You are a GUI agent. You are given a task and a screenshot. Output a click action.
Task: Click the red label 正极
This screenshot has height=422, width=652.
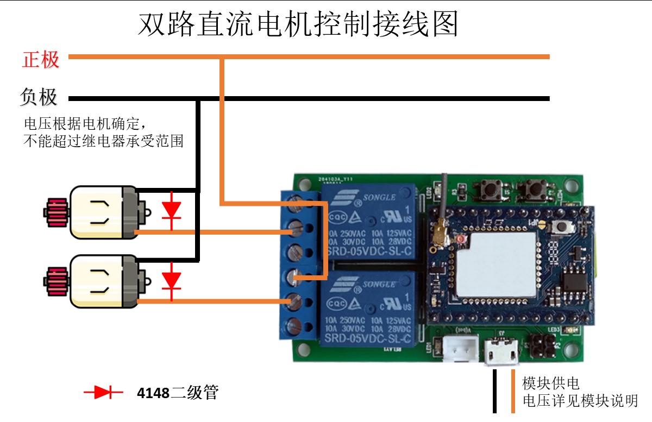tap(41, 59)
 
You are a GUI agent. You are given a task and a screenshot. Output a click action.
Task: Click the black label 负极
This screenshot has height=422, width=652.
tap(39, 97)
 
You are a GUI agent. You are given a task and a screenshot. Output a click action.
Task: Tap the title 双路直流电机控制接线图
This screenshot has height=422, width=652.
tap(298, 24)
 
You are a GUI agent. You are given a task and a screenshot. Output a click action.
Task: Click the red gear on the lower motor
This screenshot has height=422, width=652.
tap(55, 280)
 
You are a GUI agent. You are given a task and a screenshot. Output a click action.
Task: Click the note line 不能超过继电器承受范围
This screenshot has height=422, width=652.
tap(103, 142)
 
